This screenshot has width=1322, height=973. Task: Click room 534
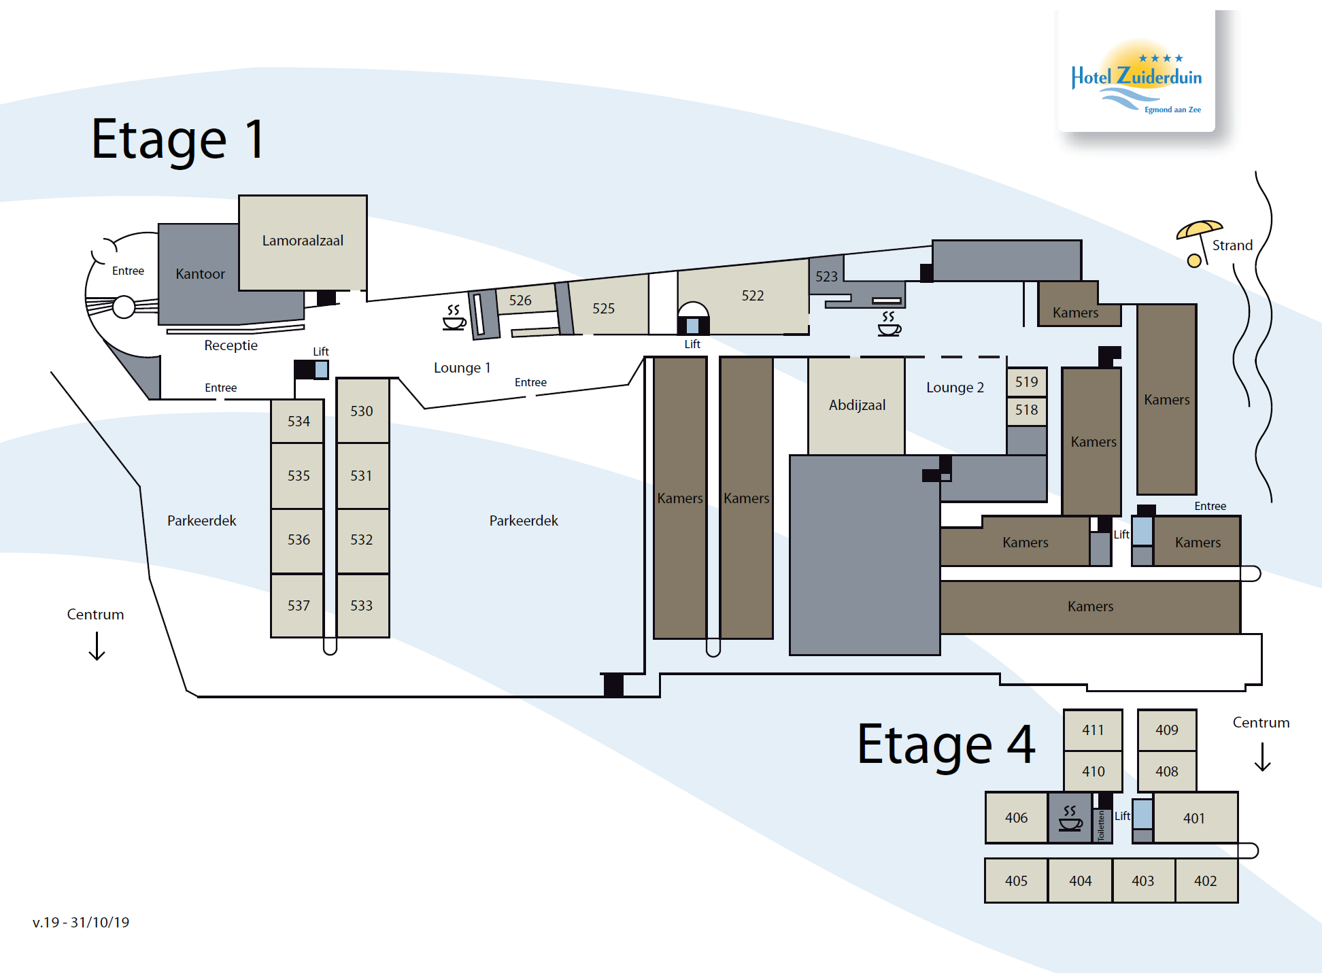pos(298,421)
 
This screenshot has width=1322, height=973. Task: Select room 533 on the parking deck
pos(362,605)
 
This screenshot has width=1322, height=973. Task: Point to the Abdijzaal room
pos(857,405)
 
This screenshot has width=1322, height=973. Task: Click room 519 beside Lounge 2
pos(1027,382)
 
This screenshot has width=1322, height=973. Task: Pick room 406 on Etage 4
pos(1017,818)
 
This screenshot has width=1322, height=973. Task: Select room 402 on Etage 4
pos(1206,881)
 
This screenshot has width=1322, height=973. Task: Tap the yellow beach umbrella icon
pos(1198,242)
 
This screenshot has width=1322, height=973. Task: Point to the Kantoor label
pos(200,274)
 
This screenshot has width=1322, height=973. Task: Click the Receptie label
pos(231,345)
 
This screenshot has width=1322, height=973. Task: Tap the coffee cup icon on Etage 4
pos(1070,819)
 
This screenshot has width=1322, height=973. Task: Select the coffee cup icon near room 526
pos(454,318)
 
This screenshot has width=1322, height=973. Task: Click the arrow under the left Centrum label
pos(97,646)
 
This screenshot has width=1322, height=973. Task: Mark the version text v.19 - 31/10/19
pos(81,923)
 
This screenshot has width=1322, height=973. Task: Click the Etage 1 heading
pos(177,140)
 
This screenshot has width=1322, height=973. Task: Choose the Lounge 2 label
pos(955,388)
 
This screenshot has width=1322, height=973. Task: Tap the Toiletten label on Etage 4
pos(1102,825)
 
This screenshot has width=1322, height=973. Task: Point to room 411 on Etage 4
pos(1093,730)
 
